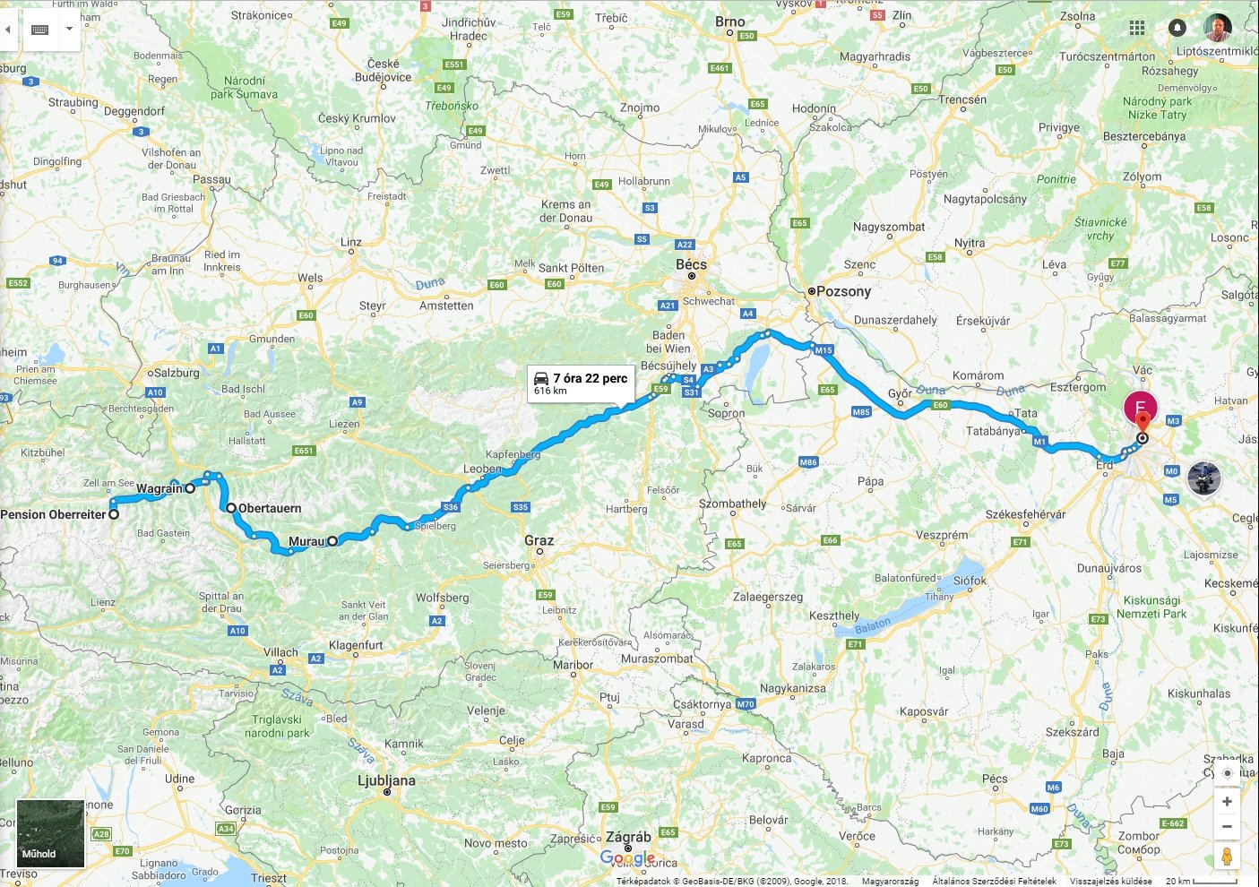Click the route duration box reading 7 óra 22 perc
(581, 383)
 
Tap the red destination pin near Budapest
(1142, 422)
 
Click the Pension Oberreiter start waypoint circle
(114, 514)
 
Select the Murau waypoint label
(306, 541)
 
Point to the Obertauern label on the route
(270, 508)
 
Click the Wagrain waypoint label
(159, 488)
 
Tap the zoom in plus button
(1227, 802)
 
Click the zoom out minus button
(1227, 827)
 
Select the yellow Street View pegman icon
(1227, 857)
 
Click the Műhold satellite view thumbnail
(50, 833)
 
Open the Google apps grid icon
(1137, 28)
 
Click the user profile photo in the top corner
(1217, 28)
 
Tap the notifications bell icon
(1177, 28)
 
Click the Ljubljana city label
(386, 780)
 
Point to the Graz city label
(539, 540)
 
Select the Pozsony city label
(843, 291)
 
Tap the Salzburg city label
(177, 373)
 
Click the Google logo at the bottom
(627, 858)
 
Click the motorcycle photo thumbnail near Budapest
(1204, 478)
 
